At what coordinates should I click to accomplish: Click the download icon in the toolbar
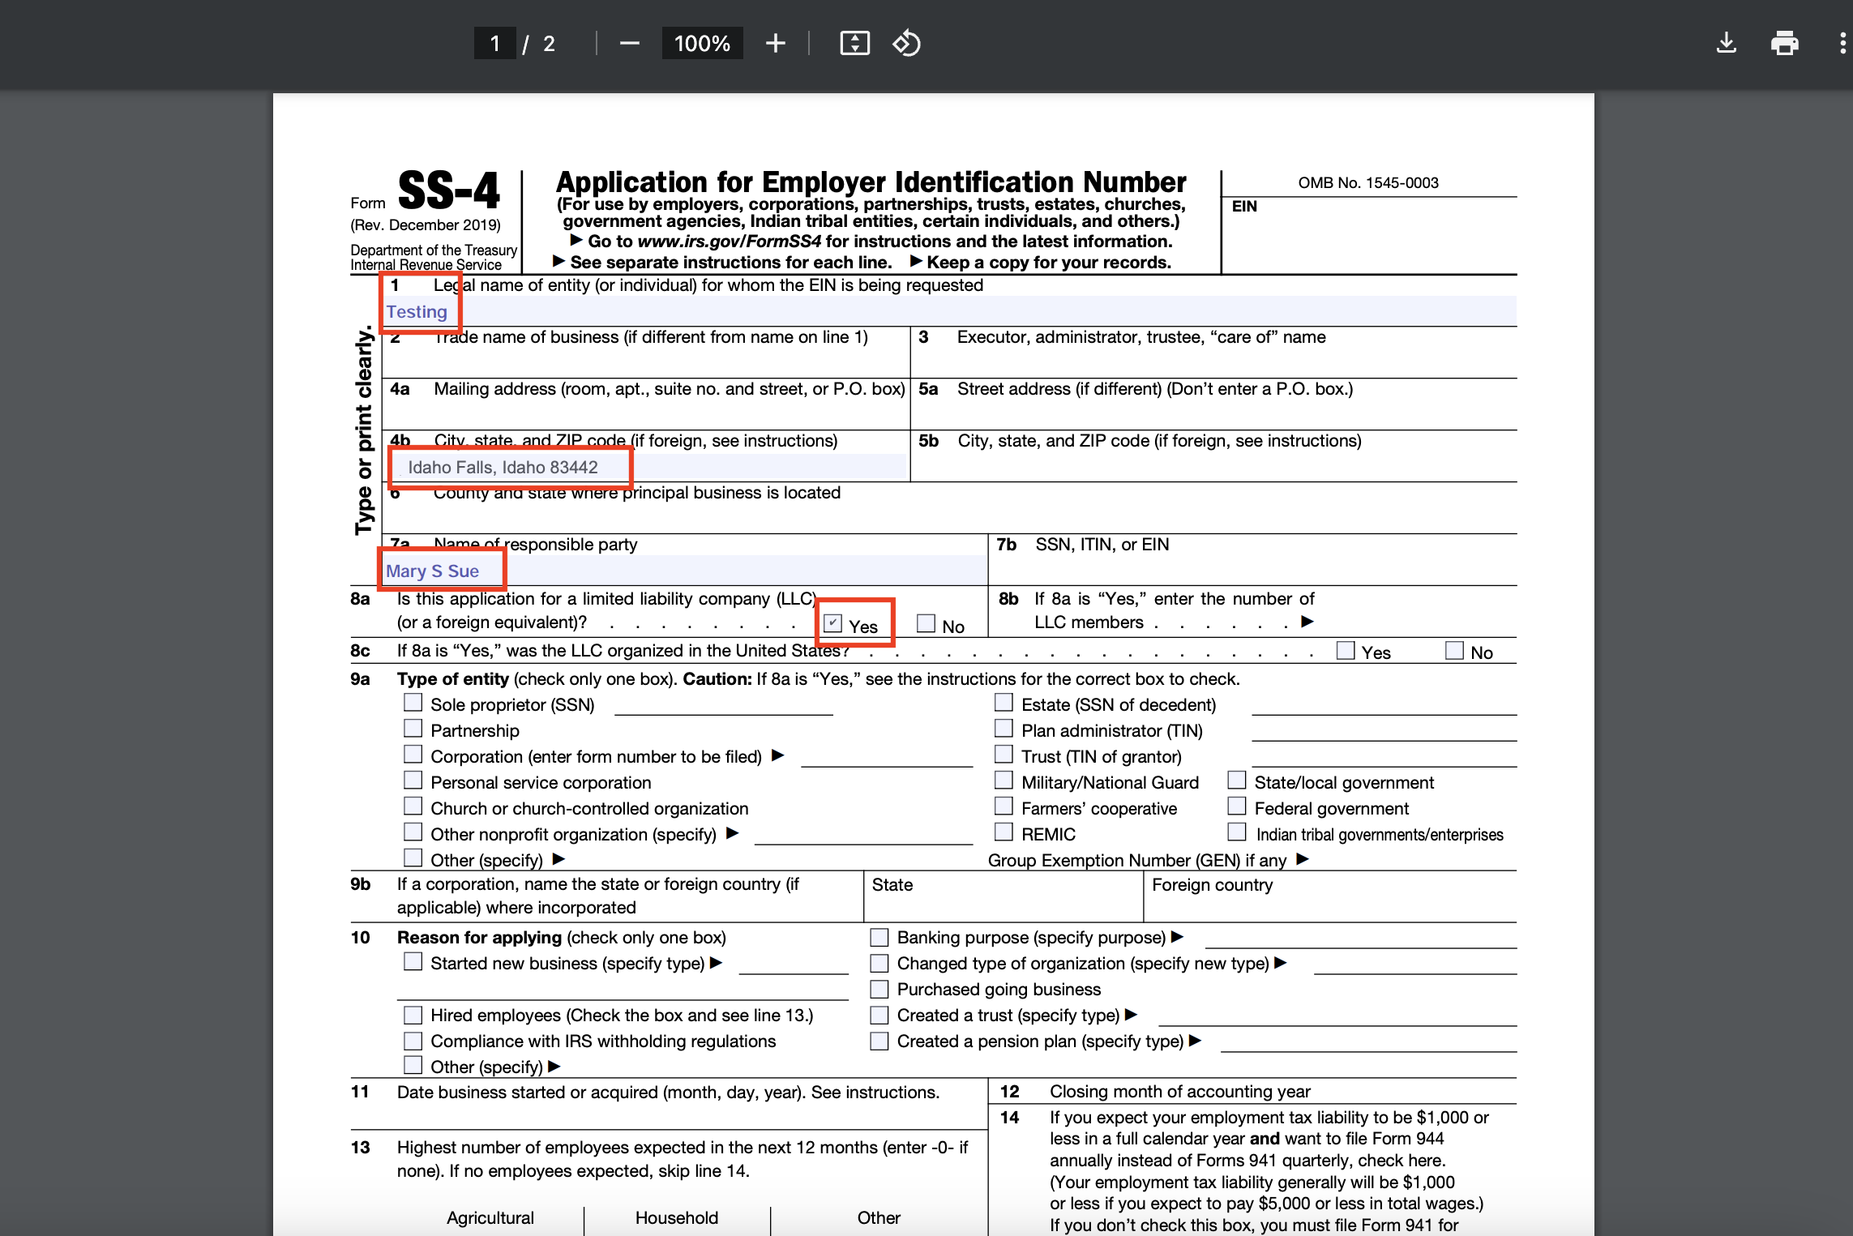[x=1726, y=43]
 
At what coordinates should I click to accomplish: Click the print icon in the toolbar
[x=1784, y=43]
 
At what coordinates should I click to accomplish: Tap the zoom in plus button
[x=775, y=43]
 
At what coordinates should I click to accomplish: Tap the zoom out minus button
[x=629, y=43]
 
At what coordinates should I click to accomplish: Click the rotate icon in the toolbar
[x=906, y=43]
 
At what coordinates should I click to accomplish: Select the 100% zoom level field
[x=702, y=43]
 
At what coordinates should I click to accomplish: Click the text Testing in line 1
[x=417, y=312]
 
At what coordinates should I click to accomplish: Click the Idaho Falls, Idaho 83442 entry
[x=503, y=468]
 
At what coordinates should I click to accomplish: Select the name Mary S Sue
[x=432, y=571]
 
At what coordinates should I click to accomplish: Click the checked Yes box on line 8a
[x=832, y=623]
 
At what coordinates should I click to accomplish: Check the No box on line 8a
[x=926, y=623]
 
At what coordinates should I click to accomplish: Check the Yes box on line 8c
[x=1346, y=650]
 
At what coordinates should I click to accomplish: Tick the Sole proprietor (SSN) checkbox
[x=413, y=703]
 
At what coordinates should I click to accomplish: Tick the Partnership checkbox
[x=413, y=729]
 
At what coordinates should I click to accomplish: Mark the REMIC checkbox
[x=1004, y=832]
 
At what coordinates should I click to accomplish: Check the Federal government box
[x=1237, y=806]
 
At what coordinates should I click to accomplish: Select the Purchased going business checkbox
[x=879, y=989]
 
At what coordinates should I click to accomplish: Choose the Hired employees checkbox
[x=413, y=1015]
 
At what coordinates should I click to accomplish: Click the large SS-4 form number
[x=448, y=191]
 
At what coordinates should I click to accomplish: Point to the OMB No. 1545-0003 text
[x=1368, y=183]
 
